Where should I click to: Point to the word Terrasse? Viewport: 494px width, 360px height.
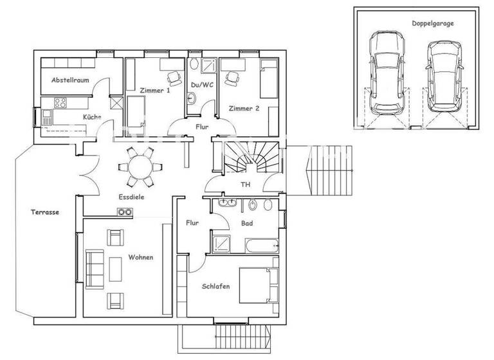[44, 211]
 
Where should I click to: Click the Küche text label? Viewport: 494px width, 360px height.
[91, 116]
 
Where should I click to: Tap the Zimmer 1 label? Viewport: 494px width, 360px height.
[154, 91]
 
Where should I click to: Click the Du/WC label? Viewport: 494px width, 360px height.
[202, 85]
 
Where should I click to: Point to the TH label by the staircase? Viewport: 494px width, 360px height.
[245, 184]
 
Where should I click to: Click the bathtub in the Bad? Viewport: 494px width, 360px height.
[261, 245]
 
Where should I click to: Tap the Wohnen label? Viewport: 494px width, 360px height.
[140, 257]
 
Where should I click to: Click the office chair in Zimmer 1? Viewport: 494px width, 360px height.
[174, 78]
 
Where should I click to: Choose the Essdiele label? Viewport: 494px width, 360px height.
[131, 197]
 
